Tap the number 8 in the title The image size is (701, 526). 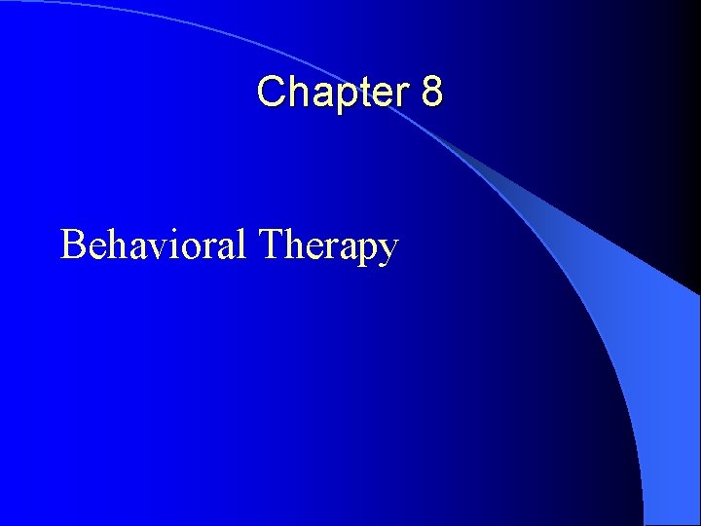tap(432, 93)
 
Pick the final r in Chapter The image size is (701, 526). tap(405, 94)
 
